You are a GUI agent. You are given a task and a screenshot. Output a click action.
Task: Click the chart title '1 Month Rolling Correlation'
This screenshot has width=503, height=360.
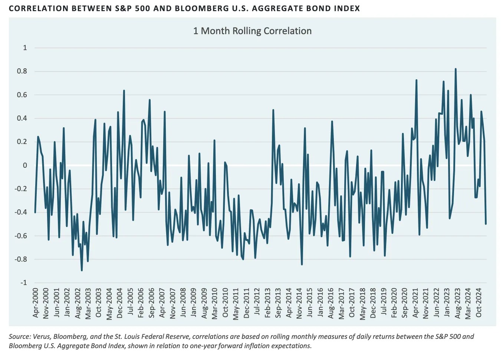[x=252, y=31]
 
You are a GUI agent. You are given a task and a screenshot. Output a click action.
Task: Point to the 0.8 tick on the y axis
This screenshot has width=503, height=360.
[x=22, y=71]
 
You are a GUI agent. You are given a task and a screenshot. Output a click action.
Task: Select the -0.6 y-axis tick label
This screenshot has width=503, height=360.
[x=21, y=236]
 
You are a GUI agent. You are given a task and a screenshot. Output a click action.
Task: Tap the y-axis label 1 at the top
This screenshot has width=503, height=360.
[x=25, y=48]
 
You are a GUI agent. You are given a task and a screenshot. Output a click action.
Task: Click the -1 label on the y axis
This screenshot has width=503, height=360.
[x=23, y=283]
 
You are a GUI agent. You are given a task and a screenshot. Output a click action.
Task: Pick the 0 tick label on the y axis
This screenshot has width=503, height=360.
[x=25, y=166]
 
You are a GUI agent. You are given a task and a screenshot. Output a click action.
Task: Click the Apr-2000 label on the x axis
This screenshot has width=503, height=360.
[x=36, y=302]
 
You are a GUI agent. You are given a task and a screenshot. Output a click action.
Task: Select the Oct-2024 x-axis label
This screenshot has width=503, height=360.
[x=479, y=302]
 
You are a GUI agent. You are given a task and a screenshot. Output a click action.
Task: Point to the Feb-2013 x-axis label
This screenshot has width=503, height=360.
[x=267, y=302]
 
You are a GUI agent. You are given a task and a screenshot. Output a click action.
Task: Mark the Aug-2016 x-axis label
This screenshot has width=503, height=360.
[x=331, y=303]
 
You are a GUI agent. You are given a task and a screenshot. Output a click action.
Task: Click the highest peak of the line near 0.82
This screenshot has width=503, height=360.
[x=456, y=69]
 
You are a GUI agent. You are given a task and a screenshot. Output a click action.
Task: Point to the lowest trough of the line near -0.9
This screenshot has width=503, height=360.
[x=82, y=270]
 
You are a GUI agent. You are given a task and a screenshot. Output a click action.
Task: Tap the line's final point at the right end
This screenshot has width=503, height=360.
[x=486, y=224]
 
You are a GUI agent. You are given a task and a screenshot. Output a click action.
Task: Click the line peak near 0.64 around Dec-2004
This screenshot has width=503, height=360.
[x=124, y=91]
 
